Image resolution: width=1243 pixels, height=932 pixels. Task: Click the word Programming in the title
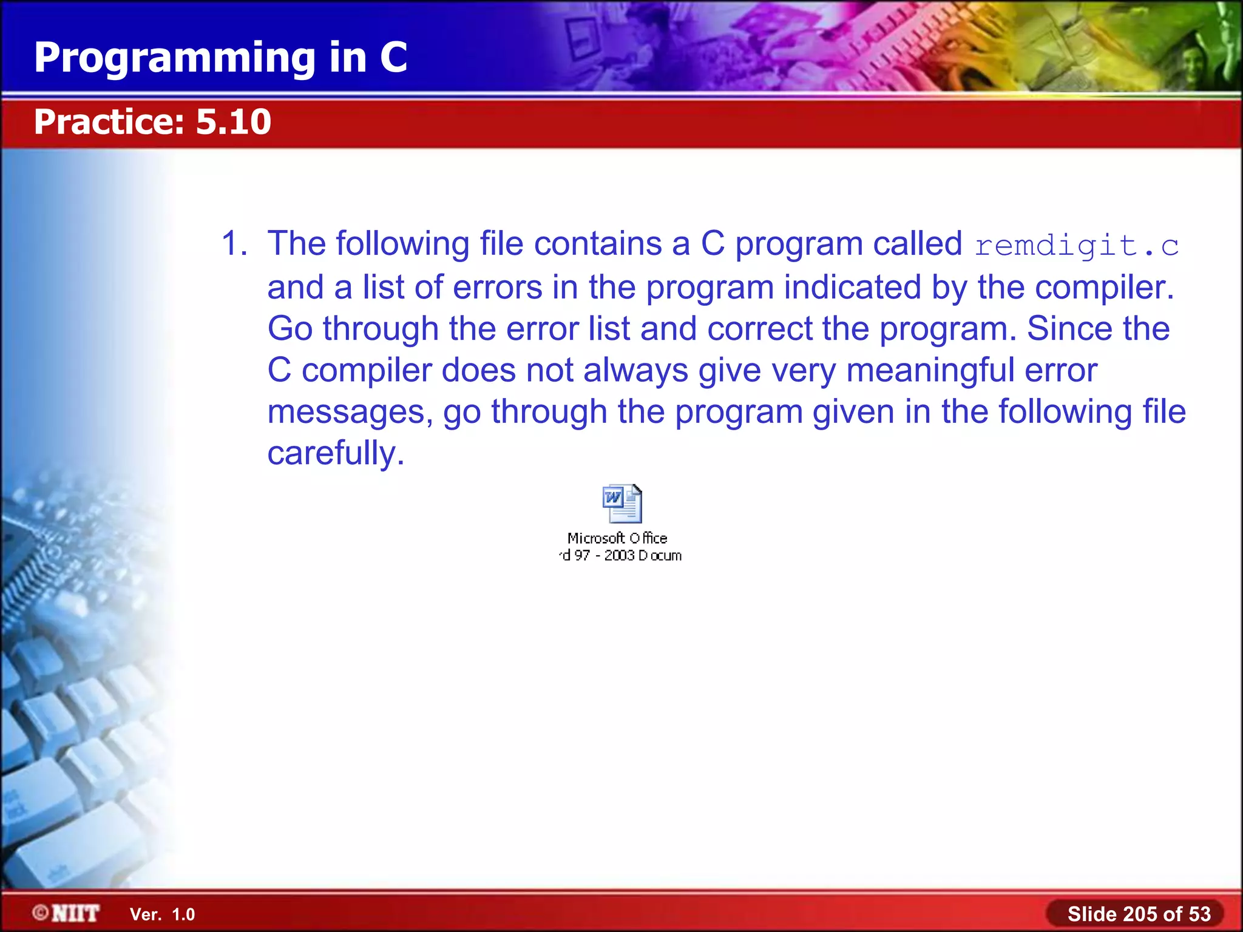click(x=175, y=58)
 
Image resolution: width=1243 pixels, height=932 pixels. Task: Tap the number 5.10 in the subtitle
click(x=233, y=121)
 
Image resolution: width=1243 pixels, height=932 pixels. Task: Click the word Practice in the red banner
click(x=108, y=121)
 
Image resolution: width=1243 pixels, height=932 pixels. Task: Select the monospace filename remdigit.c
click(x=1076, y=246)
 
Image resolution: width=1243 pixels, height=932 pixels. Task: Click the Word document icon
click(x=622, y=504)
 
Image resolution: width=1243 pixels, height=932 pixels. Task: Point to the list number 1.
click(x=234, y=244)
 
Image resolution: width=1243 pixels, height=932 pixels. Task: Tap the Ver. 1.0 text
click(x=163, y=914)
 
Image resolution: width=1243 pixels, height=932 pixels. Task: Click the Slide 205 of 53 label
click(x=1139, y=914)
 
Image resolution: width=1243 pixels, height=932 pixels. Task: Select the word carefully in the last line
click(x=336, y=453)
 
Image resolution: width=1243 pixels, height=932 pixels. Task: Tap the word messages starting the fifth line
click(x=350, y=412)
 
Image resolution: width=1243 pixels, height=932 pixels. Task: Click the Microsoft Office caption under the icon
click(x=617, y=538)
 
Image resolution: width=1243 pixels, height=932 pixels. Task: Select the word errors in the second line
click(x=497, y=287)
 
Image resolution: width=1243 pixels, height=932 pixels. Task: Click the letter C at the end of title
click(x=393, y=58)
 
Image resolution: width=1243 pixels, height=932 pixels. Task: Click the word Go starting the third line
click(x=290, y=329)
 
